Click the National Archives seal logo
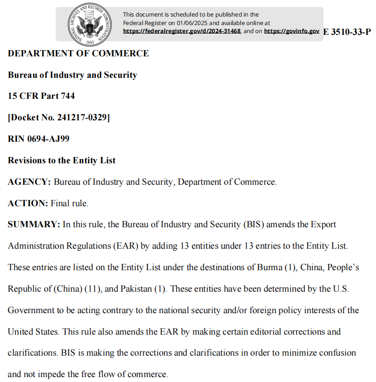coord(88,24)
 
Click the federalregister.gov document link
coord(182,31)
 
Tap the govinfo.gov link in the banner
coord(291,31)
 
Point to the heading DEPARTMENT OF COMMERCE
coord(78,53)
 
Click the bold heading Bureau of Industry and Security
coord(73,75)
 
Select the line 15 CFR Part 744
coord(41,96)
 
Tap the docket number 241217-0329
coord(83,118)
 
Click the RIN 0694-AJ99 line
coord(38,139)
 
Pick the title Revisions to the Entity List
coord(62,160)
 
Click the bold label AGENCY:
coord(29,182)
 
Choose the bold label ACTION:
coord(28,203)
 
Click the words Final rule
coord(69,203)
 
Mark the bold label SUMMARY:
coord(34,225)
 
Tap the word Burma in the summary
coord(269,267)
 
